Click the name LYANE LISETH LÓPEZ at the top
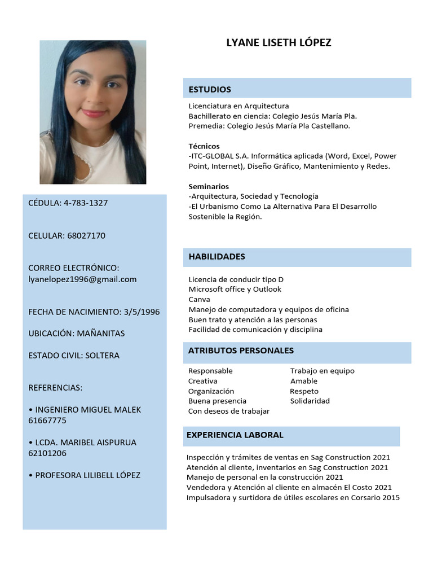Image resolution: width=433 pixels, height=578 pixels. [x=279, y=43]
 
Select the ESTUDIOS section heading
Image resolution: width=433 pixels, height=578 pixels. [x=210, y=89]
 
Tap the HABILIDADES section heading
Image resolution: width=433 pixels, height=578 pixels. [x=217, y=257]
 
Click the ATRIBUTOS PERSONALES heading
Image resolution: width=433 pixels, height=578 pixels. [x=241, y=351]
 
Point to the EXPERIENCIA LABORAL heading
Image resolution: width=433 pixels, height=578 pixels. [x=235, y=435]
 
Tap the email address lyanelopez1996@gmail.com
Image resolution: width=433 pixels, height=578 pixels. [x=82, y=279]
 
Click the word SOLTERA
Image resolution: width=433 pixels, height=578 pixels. [x=102, y=356]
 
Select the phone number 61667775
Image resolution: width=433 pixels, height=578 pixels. [x=47, y=421]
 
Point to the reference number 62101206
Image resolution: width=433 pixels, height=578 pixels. [x=47, y=453]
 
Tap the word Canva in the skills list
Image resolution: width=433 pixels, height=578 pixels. [x=199, y=299]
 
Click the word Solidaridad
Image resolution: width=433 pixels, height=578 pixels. [x=310, y=401]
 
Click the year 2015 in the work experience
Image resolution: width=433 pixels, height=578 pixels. [x=391, y=497]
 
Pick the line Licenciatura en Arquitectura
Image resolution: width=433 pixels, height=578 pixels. [x=238, y=106]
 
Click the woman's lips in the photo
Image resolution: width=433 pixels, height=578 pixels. [x=94, y=113]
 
